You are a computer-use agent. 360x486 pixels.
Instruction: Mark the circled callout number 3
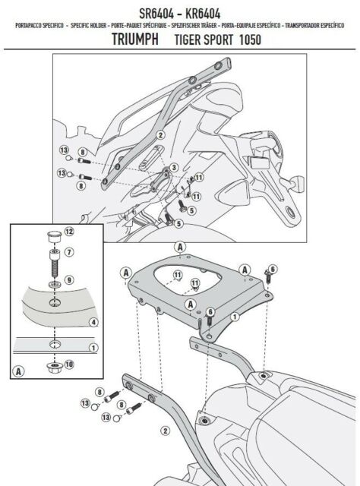pos(174,166)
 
